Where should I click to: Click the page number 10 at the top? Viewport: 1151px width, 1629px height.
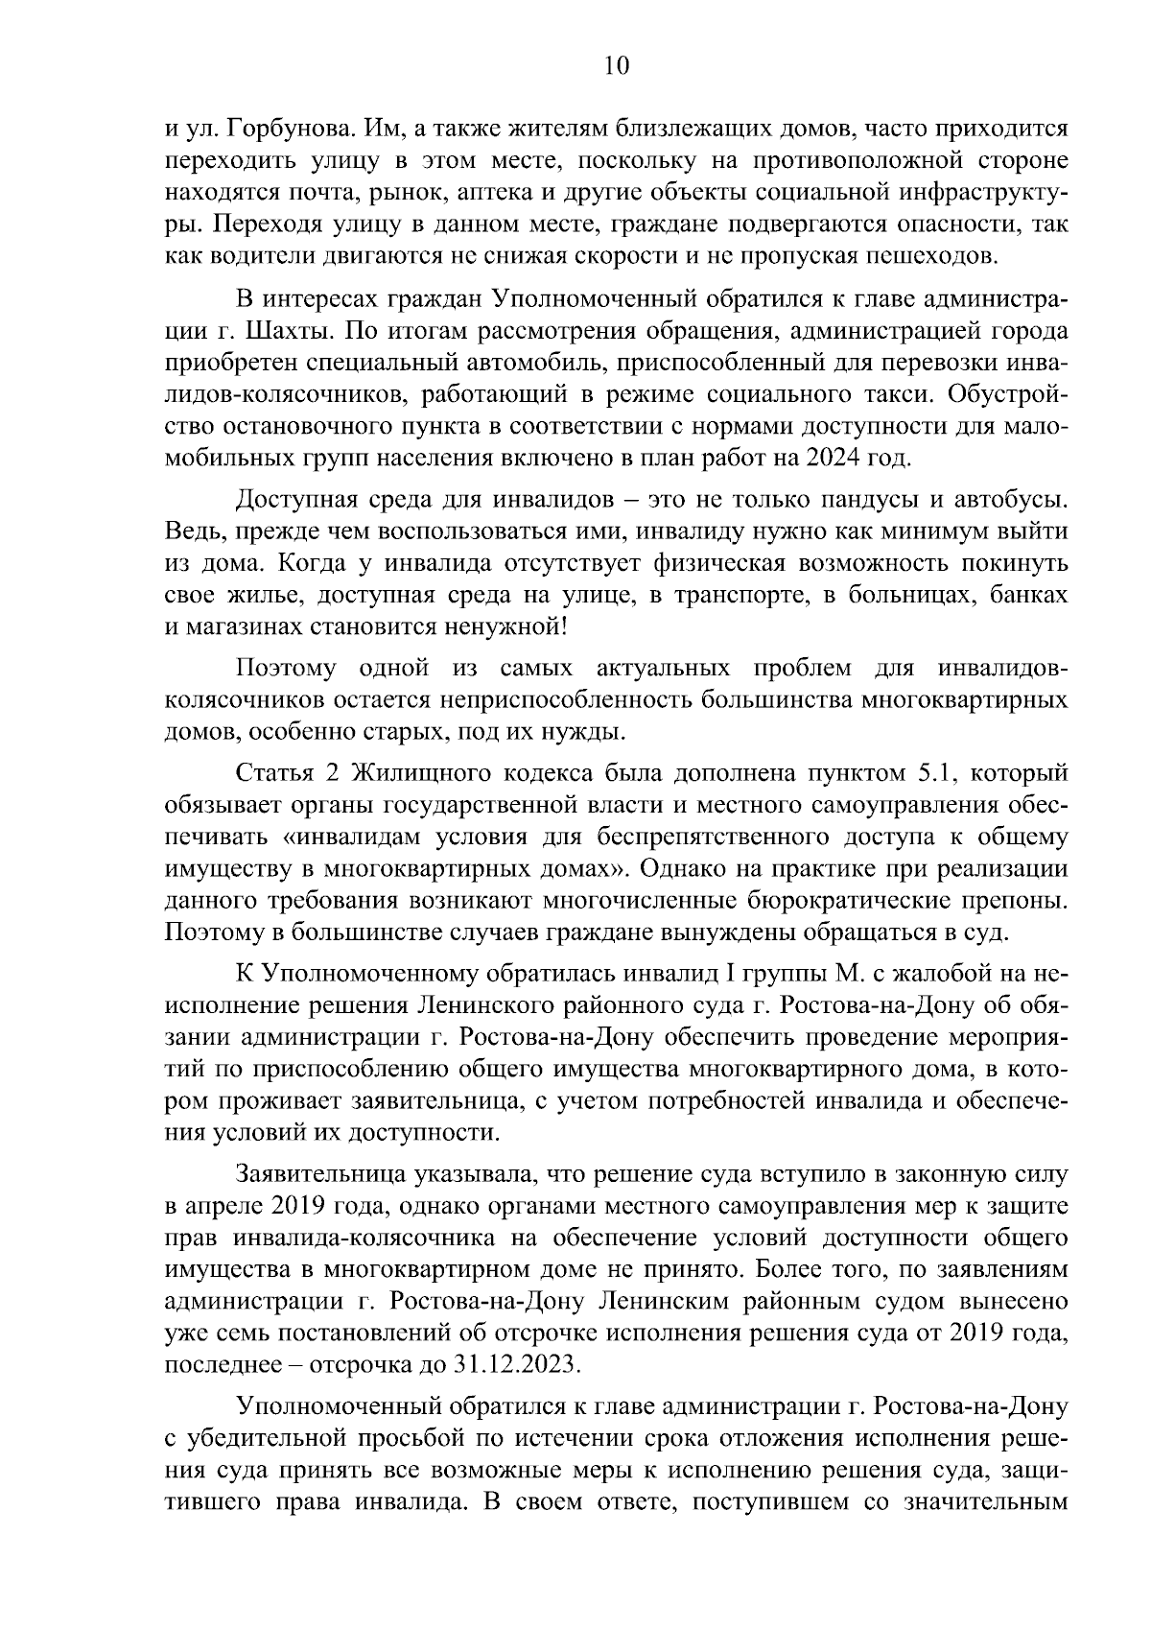click(x=617, y=65)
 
